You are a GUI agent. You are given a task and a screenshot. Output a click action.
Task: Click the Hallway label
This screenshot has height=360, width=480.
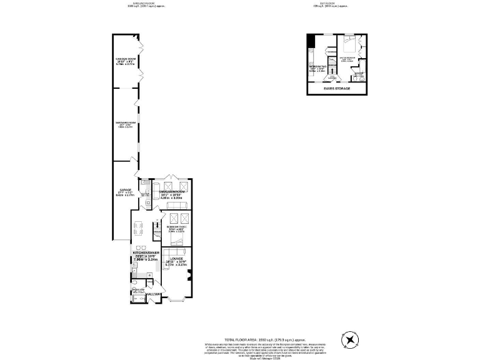(x=154, y=294)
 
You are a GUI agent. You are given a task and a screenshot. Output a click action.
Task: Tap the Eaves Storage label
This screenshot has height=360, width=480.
(x=337, y=88)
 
